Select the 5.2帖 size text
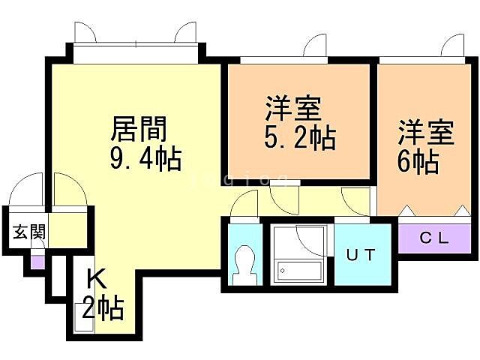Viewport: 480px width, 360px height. coord(299,138)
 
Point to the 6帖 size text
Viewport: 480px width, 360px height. coord(418,161)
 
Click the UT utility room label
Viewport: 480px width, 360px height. coord(361,253)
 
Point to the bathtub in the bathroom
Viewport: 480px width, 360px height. coord(298,270)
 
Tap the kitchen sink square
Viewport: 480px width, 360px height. coord(83,313)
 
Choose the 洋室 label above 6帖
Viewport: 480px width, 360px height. coord(425,133)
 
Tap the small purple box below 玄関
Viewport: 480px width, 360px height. coord(36,262)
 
